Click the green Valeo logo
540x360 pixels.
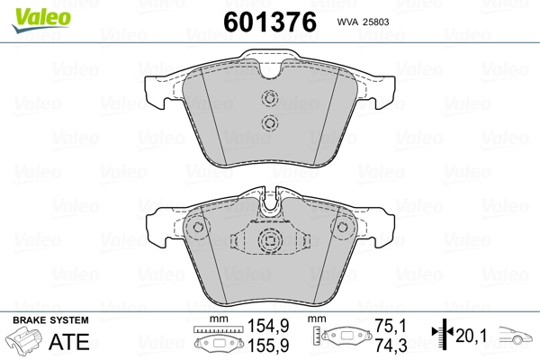[x=41, y=20]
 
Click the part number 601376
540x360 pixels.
[x=270, y=22]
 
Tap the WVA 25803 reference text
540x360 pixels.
[x=363, y=22]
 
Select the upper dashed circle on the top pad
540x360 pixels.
[x=270, y=98]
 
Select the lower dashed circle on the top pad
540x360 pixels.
[x=270, y=122]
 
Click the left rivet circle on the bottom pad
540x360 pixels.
[x=198, y=227]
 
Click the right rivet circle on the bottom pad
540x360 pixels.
[x=342, y=227]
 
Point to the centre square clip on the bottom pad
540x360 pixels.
[x=270, y=239]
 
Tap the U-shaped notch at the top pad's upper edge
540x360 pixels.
[x=270, y=70]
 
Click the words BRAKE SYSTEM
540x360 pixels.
[x=50, y=320]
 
